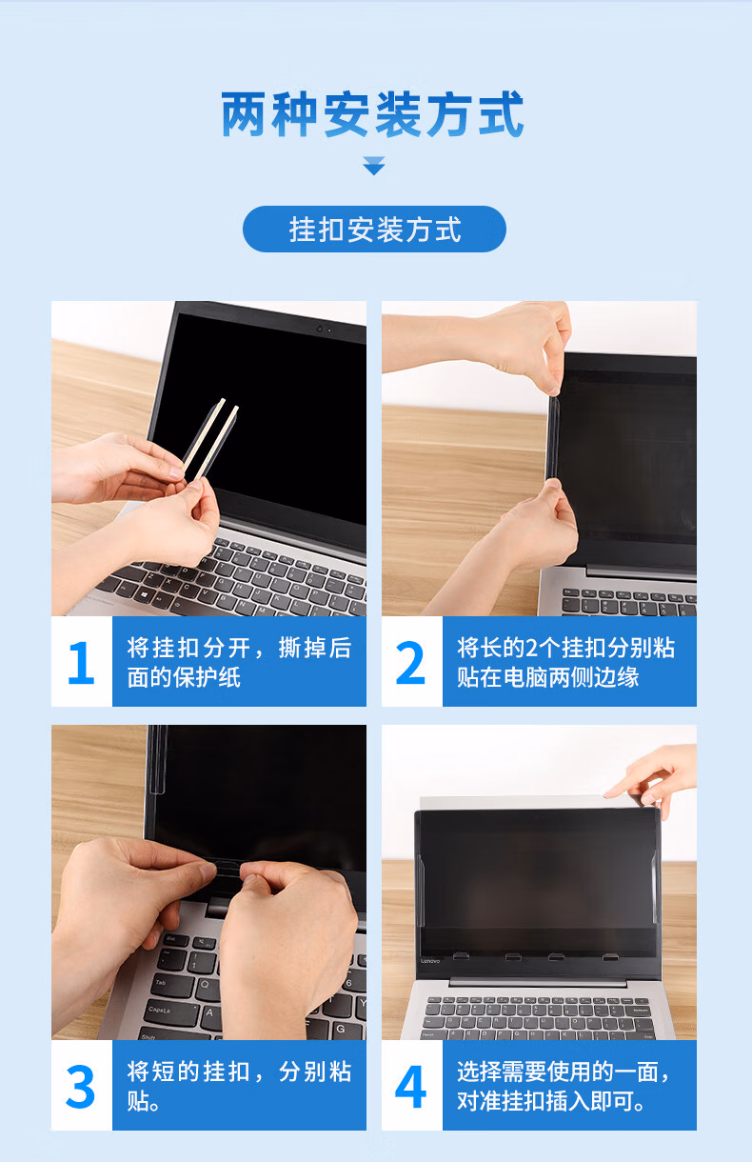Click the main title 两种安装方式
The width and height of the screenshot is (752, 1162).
(372, 114)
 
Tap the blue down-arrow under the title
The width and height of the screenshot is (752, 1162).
(373, 166)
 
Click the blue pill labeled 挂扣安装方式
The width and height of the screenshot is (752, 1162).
(374, 229)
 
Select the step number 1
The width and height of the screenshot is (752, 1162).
(82, 662)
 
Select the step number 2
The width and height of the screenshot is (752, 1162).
(410, 662)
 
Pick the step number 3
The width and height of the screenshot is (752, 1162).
(80, 1086)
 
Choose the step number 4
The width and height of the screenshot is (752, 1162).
(410, 1086)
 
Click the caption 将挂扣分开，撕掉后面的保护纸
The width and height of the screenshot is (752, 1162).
(239, 663)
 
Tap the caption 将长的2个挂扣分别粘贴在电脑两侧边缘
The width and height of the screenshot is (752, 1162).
(565, 663)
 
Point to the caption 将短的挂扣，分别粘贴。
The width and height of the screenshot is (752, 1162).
(239, 1086)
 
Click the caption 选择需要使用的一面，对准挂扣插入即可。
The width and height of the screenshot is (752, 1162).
(564, 1086)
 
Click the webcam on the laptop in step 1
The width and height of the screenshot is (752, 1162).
(320, 329)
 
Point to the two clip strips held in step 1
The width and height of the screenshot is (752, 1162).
(211, 438)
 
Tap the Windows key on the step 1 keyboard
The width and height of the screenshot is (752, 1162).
(144, 592)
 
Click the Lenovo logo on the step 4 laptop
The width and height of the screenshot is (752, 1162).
(430, 961)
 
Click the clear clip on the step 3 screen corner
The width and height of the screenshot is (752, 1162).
(158, 760)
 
